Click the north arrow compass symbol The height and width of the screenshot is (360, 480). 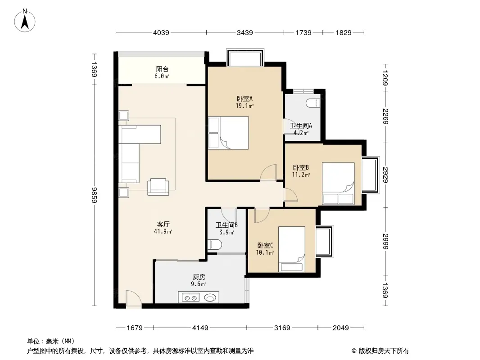coord(25,21)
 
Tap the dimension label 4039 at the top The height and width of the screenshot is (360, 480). coord(161,32)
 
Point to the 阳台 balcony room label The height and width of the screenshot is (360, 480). coord(162,69)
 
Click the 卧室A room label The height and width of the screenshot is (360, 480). coord(245,99)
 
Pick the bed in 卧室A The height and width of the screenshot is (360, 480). coord(229,133)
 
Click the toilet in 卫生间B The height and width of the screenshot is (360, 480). coord(215,245)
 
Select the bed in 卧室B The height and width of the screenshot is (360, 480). coord(338,184)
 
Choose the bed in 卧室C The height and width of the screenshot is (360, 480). coord(292,249)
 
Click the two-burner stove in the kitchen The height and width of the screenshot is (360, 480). coord(190,297)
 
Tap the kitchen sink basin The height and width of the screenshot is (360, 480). coord(210,297)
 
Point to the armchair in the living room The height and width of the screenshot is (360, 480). coord(158,187)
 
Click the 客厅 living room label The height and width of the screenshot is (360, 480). coord(163,225)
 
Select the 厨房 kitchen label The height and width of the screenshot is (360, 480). coord(199,277)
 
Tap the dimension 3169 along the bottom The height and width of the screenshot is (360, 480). coord(282,328)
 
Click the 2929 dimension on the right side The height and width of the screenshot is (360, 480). coord(385,175)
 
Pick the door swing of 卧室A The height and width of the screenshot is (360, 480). coord(268,172)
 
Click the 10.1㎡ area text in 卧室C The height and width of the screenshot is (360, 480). coord(265,252)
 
